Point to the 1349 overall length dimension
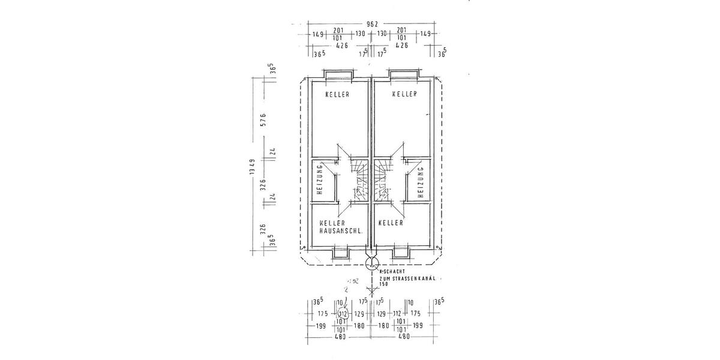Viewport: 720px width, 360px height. coord(254,170)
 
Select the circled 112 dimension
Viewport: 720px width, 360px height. coord(343,313)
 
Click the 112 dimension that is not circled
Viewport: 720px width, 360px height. coord(397,313)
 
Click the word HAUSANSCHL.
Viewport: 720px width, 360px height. coord(340,230)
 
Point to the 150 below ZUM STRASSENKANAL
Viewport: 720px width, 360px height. coord(384,284)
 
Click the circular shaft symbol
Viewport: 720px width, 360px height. coord(371,263)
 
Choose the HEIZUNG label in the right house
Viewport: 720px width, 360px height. coord(421,182)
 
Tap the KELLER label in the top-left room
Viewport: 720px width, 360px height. coord(337,94)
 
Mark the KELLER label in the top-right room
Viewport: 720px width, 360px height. coord(404,94)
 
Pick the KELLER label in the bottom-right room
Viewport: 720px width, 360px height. coord(390,223)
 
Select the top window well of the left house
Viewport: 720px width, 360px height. coord(340,75)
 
